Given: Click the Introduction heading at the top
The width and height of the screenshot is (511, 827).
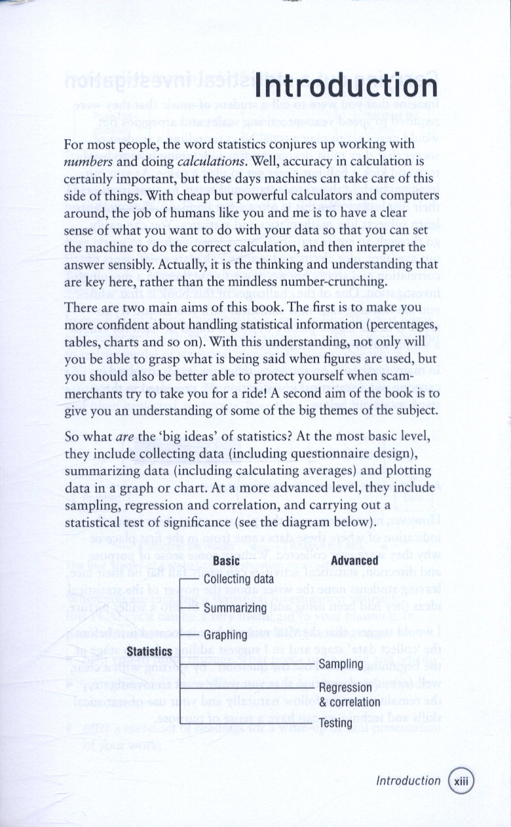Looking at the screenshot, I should [346, 87].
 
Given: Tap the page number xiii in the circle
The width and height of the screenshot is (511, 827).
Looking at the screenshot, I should [461, 781].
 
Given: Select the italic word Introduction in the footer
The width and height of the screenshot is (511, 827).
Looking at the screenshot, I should [408, 781].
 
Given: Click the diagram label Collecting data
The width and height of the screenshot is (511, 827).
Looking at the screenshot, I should [239, 579].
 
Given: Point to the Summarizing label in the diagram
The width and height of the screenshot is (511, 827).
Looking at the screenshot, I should [235, 608].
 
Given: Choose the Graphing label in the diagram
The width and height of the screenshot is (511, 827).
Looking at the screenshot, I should [225, 635].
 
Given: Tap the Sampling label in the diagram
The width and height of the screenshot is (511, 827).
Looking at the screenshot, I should [341, 664].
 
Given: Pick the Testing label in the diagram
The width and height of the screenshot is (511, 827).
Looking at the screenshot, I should [335, 723].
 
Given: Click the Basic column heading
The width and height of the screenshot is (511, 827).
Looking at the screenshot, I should [226, 561].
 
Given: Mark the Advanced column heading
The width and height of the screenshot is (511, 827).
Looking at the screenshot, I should [355, 561].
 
